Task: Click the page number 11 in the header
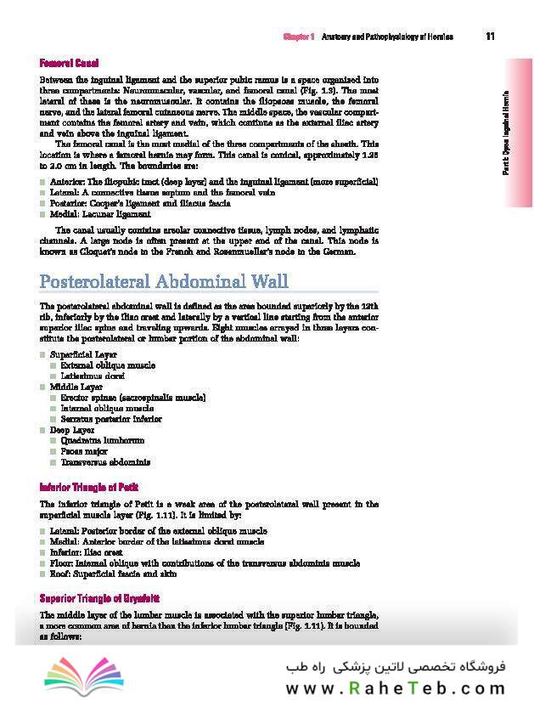[491, 37]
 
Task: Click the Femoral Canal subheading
[70, 63]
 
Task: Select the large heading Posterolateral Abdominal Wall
[164, 281]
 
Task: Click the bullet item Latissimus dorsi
[93, 375]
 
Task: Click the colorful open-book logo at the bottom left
[72, 673]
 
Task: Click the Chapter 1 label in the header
[299, 37]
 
